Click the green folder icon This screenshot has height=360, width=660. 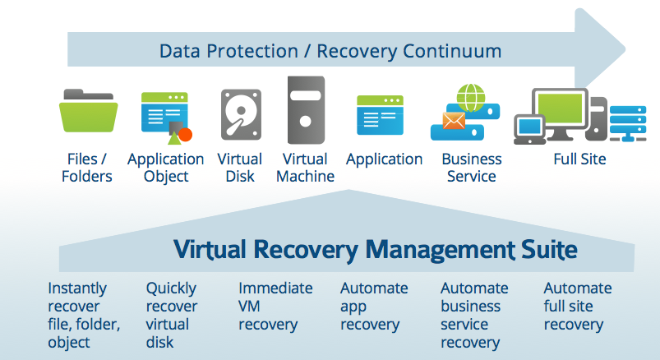click(88, 111)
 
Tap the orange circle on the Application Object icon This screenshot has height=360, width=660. click(185, 135)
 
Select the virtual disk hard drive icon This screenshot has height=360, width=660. click(241, 114)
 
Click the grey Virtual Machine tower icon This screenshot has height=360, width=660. click(306, 110)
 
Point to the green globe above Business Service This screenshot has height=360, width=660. click(471, 98)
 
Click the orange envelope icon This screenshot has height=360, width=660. click(454, 121)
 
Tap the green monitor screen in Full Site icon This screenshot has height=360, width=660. click(561, 108)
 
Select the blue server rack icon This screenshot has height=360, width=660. click(628, 123)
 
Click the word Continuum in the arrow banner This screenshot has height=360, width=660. click(452, 51)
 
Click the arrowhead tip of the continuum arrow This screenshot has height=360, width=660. click(625, 49)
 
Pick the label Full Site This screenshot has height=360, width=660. click(579, 159)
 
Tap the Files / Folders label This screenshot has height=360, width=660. click(87, 168)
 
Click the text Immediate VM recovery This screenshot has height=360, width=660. click(275, 307)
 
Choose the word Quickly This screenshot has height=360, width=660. click(171, 288)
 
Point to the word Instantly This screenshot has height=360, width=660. click(77, 288)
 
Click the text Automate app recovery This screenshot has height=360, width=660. click(374, 307)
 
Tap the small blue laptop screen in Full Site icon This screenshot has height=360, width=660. click(529, 126)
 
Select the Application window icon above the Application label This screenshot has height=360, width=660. click(380, 115)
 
